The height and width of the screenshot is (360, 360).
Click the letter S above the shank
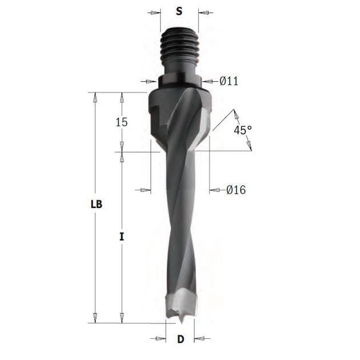pyautogui.click(x=179, y=11)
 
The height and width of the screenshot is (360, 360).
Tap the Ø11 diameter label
pyautogui.click(x=229, y=81)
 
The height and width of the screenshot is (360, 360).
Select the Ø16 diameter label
pyautogui.click(x=236, y=190)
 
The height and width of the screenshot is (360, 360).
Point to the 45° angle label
pyautogui.click(x=243, y=130)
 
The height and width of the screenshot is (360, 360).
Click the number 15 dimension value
pyautogui.click(x=122, y=122)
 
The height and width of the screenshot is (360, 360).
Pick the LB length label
pyautogui.click(x=97, y=204)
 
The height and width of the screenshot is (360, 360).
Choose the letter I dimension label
pyautogui.click(x=122, y=237)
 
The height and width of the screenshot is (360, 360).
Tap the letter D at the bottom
pyautogui.click(x=181, y=339)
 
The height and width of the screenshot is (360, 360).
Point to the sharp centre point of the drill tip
pyautogui.click(x=181, y=323)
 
